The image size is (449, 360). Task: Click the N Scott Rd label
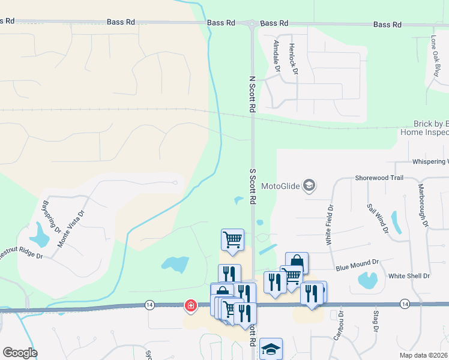pos(253,94)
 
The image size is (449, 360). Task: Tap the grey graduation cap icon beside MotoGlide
pos(309,185)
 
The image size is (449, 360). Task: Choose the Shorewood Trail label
pos(379,178)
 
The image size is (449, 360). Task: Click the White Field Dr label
pos(330,224)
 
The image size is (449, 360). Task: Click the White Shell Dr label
pos(409,276)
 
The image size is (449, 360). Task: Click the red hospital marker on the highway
pos(191,306)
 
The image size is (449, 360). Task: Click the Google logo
pos(20,353)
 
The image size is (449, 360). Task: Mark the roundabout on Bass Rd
pos(252,23)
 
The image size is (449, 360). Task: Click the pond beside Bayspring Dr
pos(40,236)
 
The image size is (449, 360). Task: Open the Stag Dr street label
pos(375,322)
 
